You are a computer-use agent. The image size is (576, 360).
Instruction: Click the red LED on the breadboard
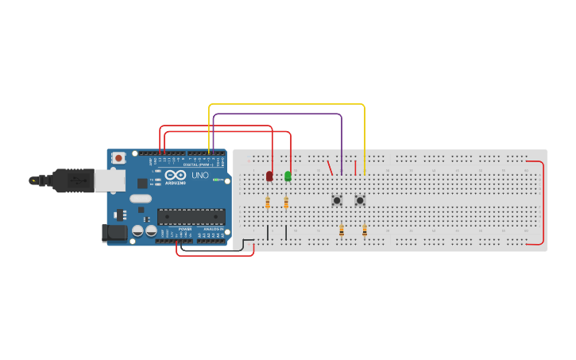click(x=269, y=176)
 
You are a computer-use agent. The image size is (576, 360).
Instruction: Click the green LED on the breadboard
click(x=288, y=176)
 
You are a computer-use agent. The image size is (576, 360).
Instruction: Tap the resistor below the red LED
click(x=268, y=203)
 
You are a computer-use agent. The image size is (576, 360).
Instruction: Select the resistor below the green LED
click(x=286, y=203)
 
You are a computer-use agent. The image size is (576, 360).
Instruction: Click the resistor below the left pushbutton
click(x=341, y=230)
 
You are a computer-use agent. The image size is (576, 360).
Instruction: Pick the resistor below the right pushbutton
click(x=365, y=230)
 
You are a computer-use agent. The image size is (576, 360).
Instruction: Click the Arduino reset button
click(x=118, y=157)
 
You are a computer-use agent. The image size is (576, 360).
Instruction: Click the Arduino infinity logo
click(x=176, y=175)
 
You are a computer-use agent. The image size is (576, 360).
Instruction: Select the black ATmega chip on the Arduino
click(x=191, y=216)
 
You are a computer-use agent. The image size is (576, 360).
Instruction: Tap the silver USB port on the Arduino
click(x=110, y=180)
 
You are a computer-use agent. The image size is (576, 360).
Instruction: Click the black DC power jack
click(x=114, y=233)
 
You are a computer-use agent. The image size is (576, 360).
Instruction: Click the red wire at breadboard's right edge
click(x=543, y=203)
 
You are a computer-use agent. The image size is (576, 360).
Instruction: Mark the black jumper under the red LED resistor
click(x=268, y=232)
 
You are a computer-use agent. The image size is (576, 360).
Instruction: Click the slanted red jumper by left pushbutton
click(x=330, y=168)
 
